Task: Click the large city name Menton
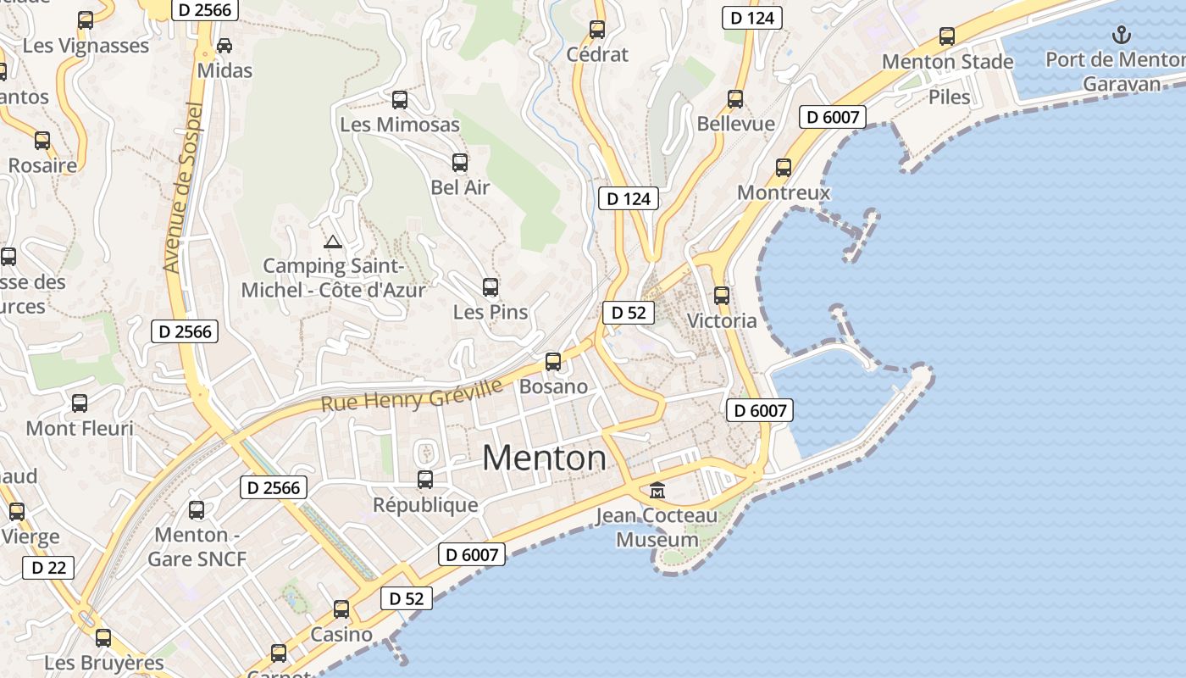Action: tap(545, 458)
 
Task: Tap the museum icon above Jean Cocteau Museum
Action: tap(657, 490)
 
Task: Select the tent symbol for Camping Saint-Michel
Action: tap(333, 242)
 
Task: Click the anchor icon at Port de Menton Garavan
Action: tap(1122, 36)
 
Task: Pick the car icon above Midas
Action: tap(224, 46)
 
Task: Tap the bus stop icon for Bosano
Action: tap(553, 362)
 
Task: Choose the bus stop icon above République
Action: tap(425, 480)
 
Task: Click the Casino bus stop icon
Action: tap(341, 609)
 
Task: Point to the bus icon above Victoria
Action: tap(722, 296)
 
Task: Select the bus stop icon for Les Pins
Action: tap(490, 287)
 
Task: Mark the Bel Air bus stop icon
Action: tap(460, 163)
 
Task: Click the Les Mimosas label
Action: tap(400, 125)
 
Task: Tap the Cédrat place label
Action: tap(597, 55)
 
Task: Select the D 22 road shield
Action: tap(48, 567)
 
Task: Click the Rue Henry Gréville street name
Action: tap(412, 396)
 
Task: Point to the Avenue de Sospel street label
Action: tap(184, 188)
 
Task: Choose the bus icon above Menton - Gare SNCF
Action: tap(197, 510)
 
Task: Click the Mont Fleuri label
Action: tap(80, 428)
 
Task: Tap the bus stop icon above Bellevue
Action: tap(735, 99)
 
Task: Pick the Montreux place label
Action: tap(784, 192)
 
